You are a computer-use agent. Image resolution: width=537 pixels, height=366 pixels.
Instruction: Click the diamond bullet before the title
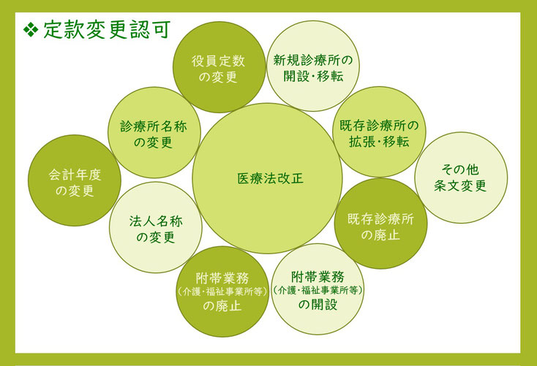coord(31,30)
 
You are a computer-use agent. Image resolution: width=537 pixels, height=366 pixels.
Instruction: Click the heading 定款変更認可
coord(107,30)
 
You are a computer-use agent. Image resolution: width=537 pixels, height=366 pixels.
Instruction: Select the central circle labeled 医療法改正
coord(267,178)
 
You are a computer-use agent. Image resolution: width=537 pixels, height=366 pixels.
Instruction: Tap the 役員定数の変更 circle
coord(219,67)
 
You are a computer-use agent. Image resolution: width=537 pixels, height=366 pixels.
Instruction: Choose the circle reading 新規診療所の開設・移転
coord(313,66)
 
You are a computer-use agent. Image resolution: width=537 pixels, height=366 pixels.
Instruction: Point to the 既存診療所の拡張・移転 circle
coord(379,132)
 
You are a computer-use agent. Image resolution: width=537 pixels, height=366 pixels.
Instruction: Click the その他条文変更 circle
coord(461,178)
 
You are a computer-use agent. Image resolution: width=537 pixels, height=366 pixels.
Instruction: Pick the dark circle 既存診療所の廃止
coord(381,224)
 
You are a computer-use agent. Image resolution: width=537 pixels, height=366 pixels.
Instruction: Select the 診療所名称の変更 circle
coord(154,133)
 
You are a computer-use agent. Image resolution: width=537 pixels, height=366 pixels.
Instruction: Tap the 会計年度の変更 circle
coord(75,180)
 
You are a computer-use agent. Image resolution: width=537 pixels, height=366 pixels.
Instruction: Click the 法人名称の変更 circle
coord(156,227)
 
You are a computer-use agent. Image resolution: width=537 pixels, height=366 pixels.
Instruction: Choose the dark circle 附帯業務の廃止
coord(222,291)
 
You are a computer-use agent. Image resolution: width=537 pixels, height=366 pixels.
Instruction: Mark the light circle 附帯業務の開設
coord(318,289)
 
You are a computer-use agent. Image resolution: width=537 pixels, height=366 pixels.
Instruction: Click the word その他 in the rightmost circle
coord(460,169)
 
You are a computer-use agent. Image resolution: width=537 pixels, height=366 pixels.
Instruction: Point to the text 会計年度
coord(75,175)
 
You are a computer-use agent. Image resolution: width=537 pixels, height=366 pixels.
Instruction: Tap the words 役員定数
coord(219,61)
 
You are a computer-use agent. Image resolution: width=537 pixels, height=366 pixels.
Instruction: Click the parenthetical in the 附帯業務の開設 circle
coord(318,291)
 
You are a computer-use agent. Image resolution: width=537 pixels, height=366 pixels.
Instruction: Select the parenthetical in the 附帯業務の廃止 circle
coord(222,291)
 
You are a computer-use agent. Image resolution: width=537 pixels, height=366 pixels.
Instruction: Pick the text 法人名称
coord(156,221)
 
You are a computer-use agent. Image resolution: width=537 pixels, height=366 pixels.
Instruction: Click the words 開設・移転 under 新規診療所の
coord(313,76)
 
